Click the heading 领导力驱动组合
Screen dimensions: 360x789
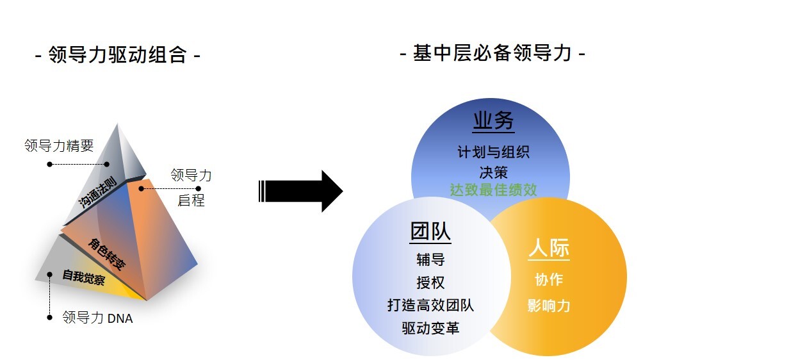click(117, 55)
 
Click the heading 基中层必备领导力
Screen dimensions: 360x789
click(492, 53)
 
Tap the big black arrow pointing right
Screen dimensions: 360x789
click(301, 190)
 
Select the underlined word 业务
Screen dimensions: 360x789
click(493, 120)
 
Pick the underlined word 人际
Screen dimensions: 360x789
click(549, 249)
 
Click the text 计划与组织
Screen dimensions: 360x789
click(493, 152)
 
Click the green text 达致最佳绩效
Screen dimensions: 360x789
click(493, 190)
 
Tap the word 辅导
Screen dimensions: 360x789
click(430, 259)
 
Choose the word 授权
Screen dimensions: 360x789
click(430, 282)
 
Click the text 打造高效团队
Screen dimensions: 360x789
click(430, 305)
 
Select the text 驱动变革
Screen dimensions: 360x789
click(430, 328)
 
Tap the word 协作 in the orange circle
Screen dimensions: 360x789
click(549, 280)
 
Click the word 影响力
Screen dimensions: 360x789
click(549, 305)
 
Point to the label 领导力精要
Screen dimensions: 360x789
click(59, 145)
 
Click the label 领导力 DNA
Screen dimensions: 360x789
click(97, 317)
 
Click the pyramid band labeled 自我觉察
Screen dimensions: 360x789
click(83, 277)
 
